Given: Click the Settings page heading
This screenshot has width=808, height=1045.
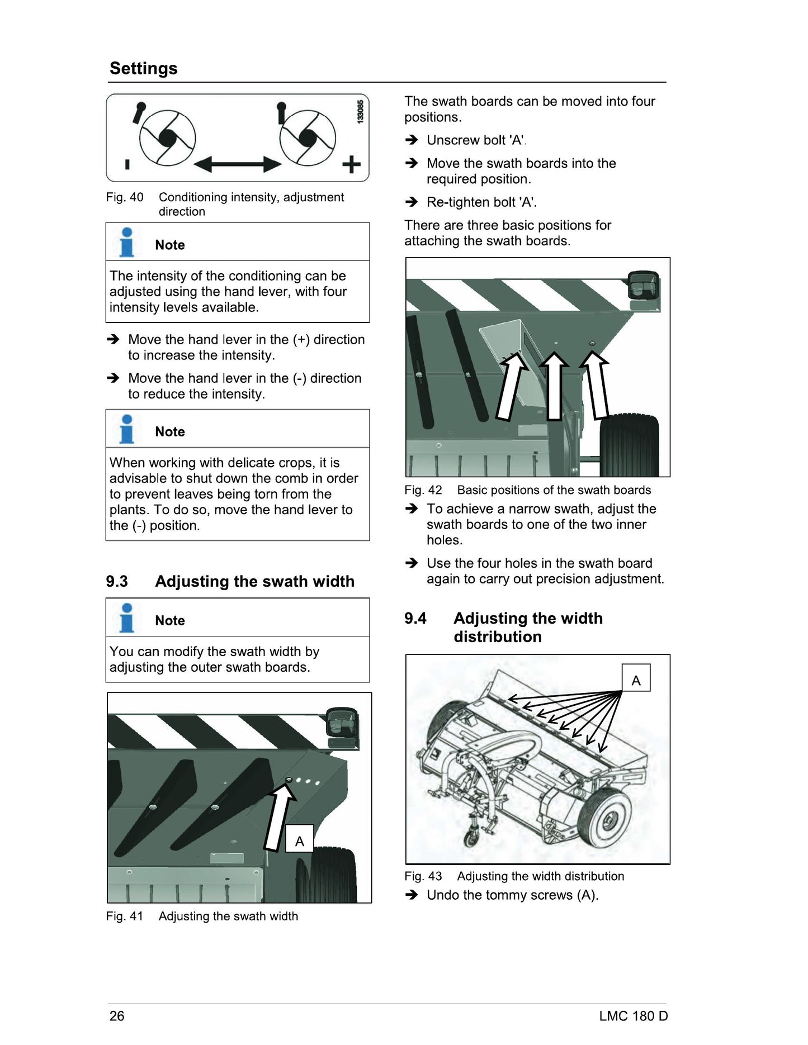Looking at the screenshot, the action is point(143,68).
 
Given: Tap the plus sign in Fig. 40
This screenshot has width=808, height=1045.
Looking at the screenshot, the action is point(351,165).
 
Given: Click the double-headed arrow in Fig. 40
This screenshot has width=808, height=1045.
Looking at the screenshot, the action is point(238,164).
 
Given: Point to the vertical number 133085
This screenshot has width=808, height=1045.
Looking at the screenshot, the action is point(361,112).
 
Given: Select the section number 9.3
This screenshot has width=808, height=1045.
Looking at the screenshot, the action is point(117,581).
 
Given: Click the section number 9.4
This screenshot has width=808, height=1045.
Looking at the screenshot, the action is point(415,618).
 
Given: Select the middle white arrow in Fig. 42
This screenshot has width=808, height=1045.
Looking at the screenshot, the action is point(554,386).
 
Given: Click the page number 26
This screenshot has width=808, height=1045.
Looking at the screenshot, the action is point(117,1015).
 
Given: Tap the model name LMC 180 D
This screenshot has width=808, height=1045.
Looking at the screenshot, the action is point(634,1015).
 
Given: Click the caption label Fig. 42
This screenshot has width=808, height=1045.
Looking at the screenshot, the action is point(423,490).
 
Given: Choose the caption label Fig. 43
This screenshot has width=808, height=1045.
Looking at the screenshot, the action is point(423,876).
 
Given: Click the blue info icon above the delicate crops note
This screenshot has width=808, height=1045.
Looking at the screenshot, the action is point(127,429).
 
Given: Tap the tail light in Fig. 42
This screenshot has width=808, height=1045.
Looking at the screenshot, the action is point(643,286).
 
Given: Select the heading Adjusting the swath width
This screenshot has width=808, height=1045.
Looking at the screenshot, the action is point(255,581).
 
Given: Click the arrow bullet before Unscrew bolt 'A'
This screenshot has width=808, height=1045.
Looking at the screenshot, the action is point(412,140).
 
